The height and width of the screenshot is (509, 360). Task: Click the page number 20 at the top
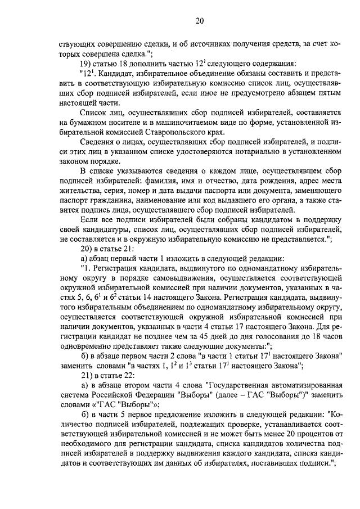(x=199, y=21)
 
